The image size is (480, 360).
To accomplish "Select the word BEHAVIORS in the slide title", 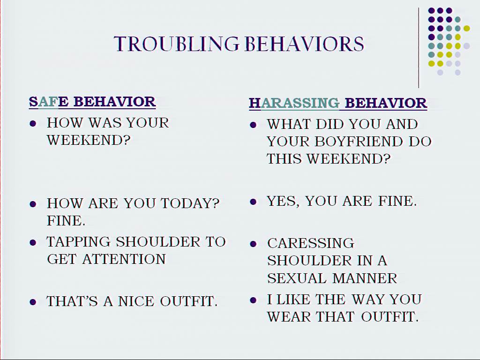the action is [305, 44].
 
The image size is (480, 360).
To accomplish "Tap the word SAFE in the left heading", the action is [49, 102].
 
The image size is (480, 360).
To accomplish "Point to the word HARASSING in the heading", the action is [294, 103].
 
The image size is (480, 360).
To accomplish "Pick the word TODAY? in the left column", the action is [190, 203].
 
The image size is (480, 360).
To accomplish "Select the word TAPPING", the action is [78, 242].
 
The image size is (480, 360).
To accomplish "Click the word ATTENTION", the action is [124, 259].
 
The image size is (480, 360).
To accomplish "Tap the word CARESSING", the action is [311, 243].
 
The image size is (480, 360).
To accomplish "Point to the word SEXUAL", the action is [297, 278].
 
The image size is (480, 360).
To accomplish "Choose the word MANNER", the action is [365, 278].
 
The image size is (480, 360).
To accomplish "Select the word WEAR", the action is [288, 317].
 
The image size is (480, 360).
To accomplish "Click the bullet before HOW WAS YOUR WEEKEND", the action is [33, 124].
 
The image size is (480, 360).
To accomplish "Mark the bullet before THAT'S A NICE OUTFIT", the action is [33, 302].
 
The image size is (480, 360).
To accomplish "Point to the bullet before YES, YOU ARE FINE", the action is [253, 202].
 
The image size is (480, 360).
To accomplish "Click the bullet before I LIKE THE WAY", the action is [253, 300].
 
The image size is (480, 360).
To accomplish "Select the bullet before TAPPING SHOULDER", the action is [33, 243].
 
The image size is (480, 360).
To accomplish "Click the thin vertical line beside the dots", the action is [419, 48].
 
